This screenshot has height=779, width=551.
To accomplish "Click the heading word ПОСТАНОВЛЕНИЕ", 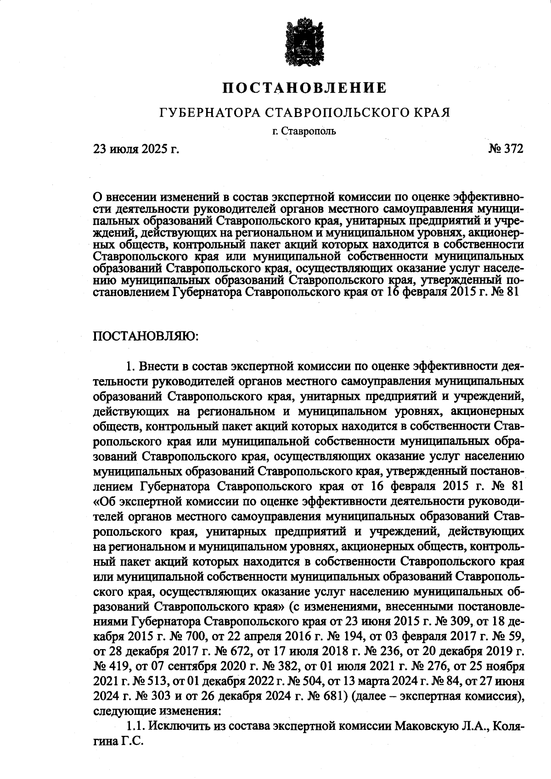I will pyautogui.click(x=304, y=87).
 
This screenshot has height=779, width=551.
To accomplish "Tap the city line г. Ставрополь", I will pyautogui.click(x=304, y=132).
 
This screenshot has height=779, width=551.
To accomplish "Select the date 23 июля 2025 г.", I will pyautogui.click(x=136, y=149).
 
